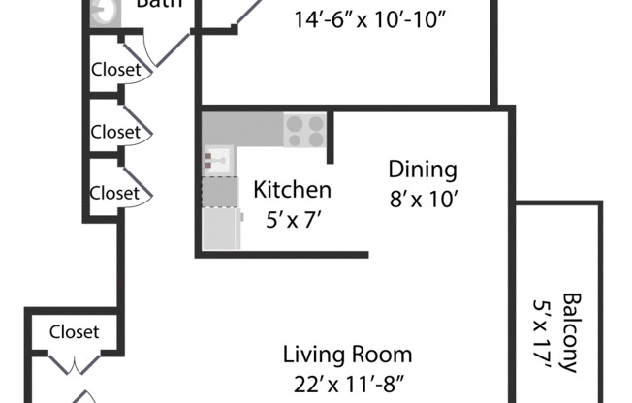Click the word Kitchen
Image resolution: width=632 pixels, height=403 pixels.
(x=293, y=190)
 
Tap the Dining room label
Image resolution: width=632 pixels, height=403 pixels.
(x=423, y=170)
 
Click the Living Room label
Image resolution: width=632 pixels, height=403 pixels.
(x=347, y=355)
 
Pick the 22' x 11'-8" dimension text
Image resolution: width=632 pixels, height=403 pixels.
(x=347, y=383)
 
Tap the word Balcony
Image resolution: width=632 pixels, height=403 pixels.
(x=571, y=332)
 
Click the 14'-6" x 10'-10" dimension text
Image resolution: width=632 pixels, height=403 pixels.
(x=372, y=18)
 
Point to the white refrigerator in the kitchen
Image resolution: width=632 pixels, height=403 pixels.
(x=221, y=228)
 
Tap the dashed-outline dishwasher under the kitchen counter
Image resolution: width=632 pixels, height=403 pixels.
(x=219, y=192)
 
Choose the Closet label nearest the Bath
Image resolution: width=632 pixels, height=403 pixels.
(x=115, y=70)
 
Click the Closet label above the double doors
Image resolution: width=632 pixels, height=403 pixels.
(x=74, y=332)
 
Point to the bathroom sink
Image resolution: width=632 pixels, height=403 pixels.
(x=102, y=10)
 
